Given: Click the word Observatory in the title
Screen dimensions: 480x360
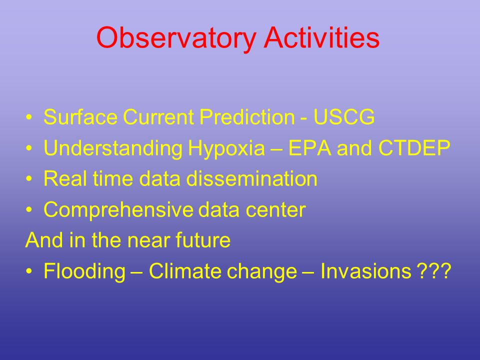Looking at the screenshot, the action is (x=176, y=38).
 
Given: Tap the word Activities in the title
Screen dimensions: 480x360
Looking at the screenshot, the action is (x=321, y=37).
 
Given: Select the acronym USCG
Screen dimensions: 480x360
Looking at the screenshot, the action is (x=344, y=116).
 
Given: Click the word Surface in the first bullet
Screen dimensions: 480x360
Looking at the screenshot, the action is (x=80, y=116).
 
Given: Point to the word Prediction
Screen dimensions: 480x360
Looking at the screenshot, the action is (x=247, y=116).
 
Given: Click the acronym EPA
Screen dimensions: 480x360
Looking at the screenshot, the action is (x=310, y=147).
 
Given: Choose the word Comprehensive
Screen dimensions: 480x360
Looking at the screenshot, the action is (x=118, y=210).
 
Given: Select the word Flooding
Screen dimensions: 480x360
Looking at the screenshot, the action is (x=84, y=271).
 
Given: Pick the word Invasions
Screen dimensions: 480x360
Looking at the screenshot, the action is (x=366, y=270).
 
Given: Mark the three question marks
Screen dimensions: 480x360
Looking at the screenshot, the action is (x=434, y=270).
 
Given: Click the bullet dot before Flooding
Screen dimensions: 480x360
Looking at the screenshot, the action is (x=29, y=271).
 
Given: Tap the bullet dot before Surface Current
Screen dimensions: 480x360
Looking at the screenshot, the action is (x=29, y=117).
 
